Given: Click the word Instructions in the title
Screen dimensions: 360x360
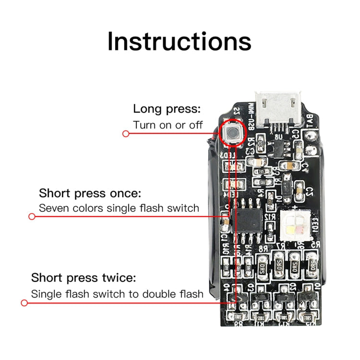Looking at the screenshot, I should coord(179,41).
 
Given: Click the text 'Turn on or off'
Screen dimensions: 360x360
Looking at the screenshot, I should coord(168,125).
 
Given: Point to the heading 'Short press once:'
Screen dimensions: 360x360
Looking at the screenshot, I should coord(90,193).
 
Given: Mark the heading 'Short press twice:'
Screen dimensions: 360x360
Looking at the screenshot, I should coord(84,277).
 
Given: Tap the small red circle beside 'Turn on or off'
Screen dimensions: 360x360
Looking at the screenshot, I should coord(126,133).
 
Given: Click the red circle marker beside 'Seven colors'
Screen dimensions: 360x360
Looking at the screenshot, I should coord(32,216).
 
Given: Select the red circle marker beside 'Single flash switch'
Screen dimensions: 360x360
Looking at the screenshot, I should coord(24,302).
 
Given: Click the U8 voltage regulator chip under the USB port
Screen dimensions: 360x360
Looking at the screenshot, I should coord(278,145).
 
